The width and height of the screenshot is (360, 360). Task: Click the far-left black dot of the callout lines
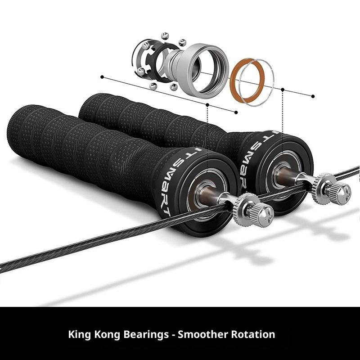(102, 77)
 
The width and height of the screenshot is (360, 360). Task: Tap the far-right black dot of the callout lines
(313, 95)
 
